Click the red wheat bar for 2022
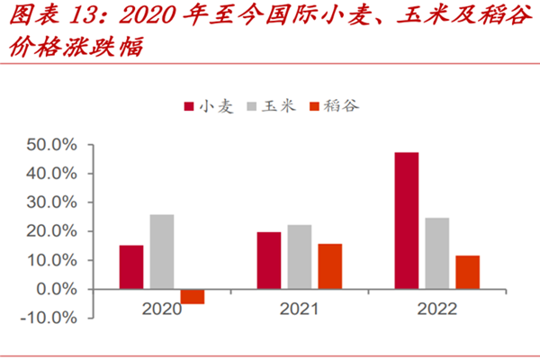(x=406, y=220)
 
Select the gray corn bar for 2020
(x=162, y=251)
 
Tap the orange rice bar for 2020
(x=192, y=296)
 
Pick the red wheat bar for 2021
(x=268, y=260)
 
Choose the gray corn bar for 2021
(x=299, y=256)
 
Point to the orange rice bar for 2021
(x=329, y=266)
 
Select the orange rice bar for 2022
(x=467, y=272)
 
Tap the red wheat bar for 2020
(x=131, y=266)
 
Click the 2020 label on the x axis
(x=162, y=309)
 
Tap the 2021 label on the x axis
(x=299, y=309)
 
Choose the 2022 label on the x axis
(x=436, y=309)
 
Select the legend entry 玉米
(x=274, y=106)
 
